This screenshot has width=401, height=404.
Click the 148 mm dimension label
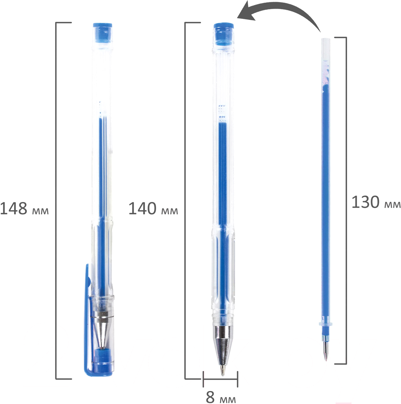pyautogui.click(x=24, y=208)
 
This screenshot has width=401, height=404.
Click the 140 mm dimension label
pyautogui.click(x=153, y=208)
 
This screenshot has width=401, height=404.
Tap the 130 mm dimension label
pyautogui.click(x=376, y=202)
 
